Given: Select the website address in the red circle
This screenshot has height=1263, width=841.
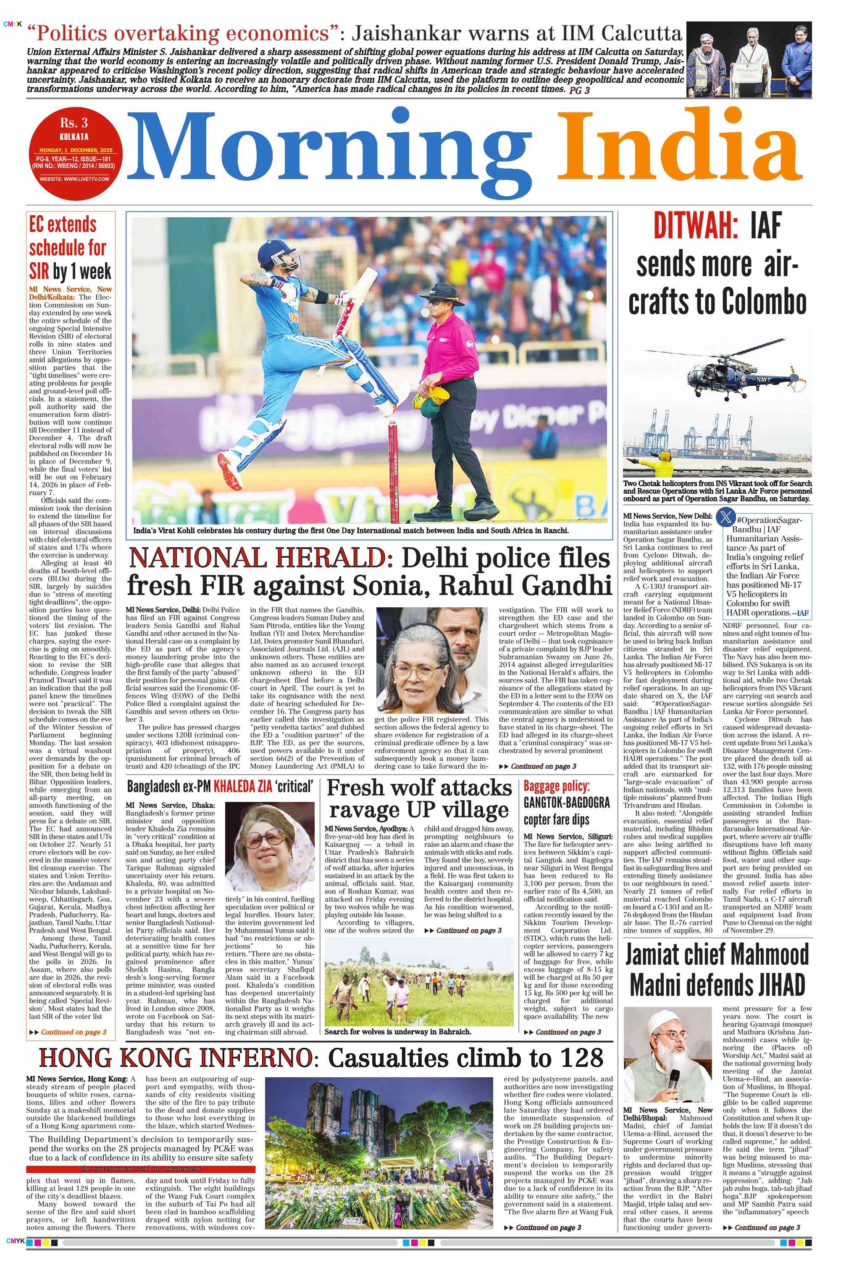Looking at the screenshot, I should [74, 179].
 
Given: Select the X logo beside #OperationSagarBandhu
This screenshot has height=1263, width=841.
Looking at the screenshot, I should [726, 518].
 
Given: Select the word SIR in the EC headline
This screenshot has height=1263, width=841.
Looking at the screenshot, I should [39, 272].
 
